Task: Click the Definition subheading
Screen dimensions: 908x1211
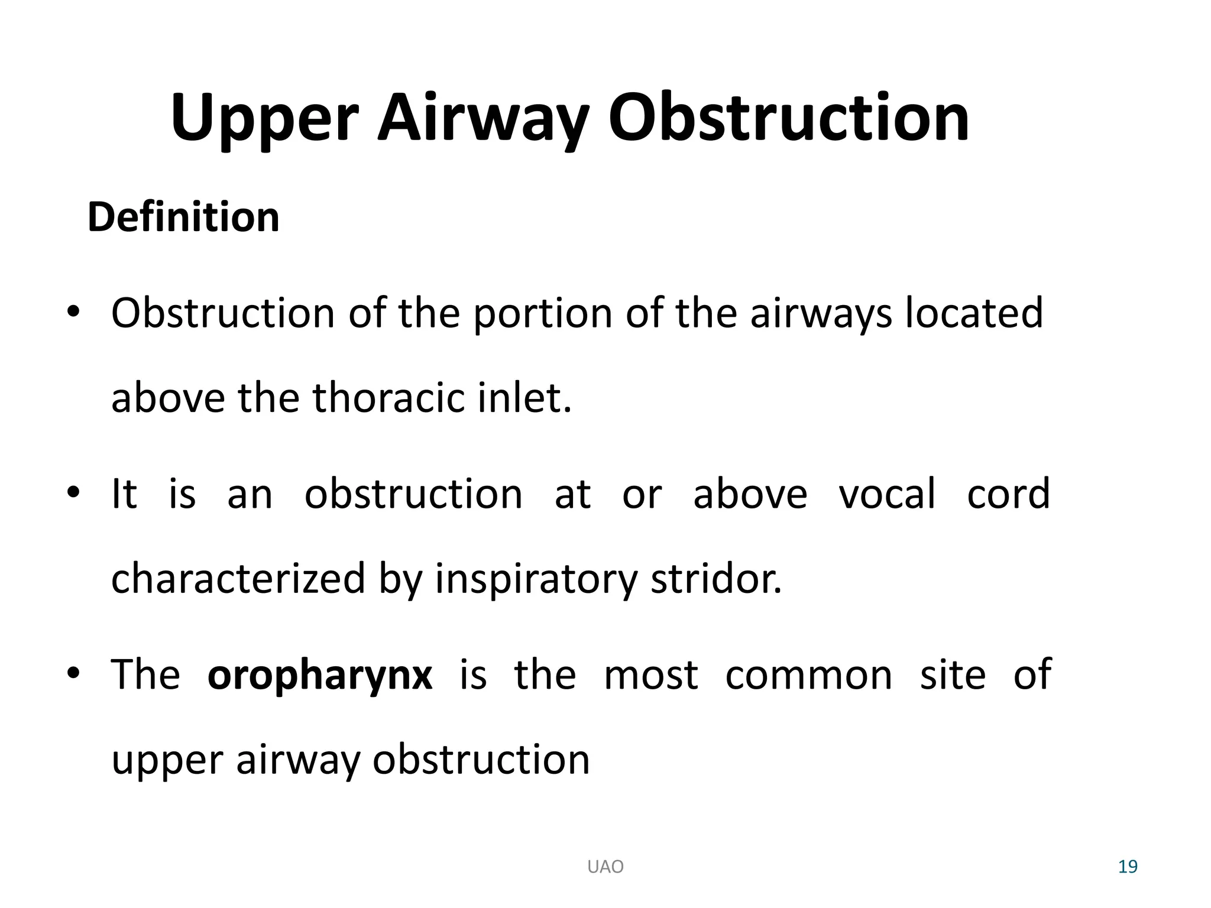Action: pos(183,217)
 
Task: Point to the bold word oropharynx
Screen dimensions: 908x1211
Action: pos(320,674)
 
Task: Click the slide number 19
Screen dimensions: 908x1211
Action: pos(1128,867)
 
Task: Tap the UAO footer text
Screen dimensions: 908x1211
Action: pos(605,867)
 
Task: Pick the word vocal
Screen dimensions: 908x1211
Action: pos(887,494)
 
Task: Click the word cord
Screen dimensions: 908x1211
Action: pos(1008,494)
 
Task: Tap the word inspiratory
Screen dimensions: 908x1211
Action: pos(536,579)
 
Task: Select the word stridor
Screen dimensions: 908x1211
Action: pos(716,578)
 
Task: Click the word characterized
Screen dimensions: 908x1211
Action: pos(238,578)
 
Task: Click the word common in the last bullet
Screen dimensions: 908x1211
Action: pos(808,674)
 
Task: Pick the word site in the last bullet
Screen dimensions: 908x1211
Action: pos(953,674)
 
